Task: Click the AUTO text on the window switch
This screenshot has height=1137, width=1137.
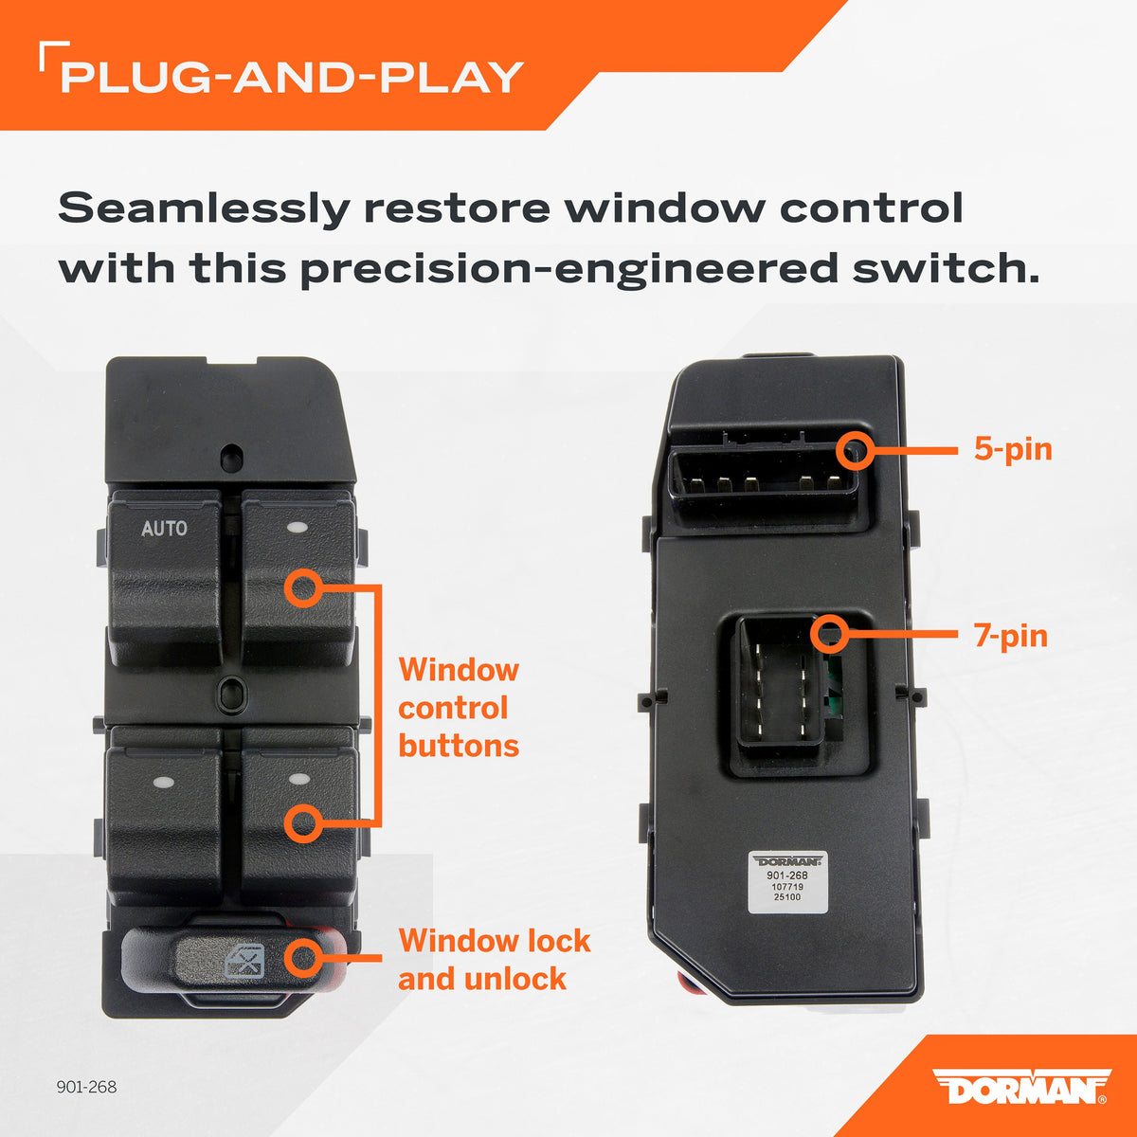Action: tap(164, 528)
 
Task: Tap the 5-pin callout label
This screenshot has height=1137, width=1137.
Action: tap(1013, 449)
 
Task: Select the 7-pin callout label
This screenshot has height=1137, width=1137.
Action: tap(1011, 636)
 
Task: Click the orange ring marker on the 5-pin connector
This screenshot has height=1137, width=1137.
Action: tap(855, 451)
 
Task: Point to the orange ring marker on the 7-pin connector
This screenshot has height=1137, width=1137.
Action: tap(830, 634)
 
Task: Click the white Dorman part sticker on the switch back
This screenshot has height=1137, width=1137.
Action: tap(787, 882)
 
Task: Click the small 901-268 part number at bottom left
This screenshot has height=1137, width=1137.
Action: tap(87, 1087)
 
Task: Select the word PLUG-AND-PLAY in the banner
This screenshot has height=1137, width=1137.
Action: tap(292, 78)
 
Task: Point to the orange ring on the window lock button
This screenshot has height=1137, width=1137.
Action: tap(304, 958)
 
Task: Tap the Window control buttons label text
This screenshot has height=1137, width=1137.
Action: tap(459, 708)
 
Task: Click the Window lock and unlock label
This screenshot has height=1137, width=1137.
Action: tap(495, 960)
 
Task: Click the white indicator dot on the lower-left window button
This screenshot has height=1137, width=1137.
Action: tap(163, 783)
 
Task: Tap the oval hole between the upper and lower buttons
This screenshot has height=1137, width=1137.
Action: tap(232, 693)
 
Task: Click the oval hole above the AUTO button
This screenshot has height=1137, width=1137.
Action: tap(231, 458)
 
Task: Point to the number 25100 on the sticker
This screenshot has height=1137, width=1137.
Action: tap(787, 897)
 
